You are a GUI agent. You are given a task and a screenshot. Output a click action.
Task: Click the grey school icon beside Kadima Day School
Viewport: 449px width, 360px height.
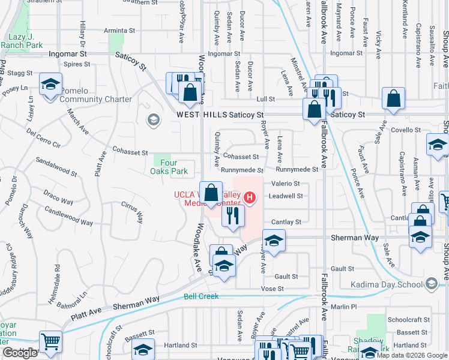[x=430, y=283]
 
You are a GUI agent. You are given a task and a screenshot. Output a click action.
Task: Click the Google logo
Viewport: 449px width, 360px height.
[x=20, y=353]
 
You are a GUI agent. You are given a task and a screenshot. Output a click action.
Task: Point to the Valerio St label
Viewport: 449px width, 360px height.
[x=286, y=184]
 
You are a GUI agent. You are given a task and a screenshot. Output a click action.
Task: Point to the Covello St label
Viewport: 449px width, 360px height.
[x=406, y=130]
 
